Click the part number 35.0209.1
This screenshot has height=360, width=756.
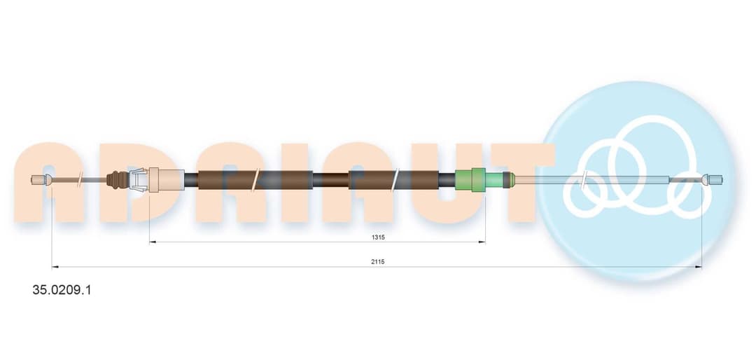pyautogui.click(x=61, y=290)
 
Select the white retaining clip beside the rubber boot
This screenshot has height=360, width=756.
pyautogui.click(x=138, y=180)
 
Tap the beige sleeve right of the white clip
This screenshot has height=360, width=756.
pyautogui.click(x=167, y=180)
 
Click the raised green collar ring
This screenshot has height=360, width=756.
pyautogui.click(x=478, y=180)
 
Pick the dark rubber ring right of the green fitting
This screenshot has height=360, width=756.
pyautogui.click(x=506, y=180)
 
